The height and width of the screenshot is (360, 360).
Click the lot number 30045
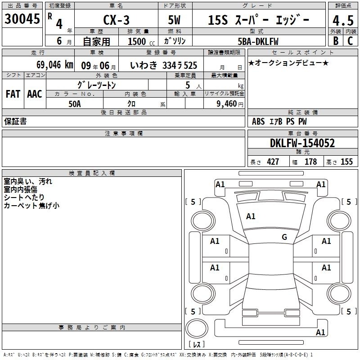pos(22,19)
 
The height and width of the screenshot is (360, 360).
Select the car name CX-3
pos(117,20)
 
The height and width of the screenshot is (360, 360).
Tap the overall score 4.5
pos(343,21)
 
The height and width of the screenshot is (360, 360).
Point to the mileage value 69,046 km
pos(55,65)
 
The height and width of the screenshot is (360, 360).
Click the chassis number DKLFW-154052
pos(302,143)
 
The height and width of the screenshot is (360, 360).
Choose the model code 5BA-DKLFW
pos(258,41)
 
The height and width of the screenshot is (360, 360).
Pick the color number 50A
pos(75,104)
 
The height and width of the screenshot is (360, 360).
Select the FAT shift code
pos(13,94)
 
